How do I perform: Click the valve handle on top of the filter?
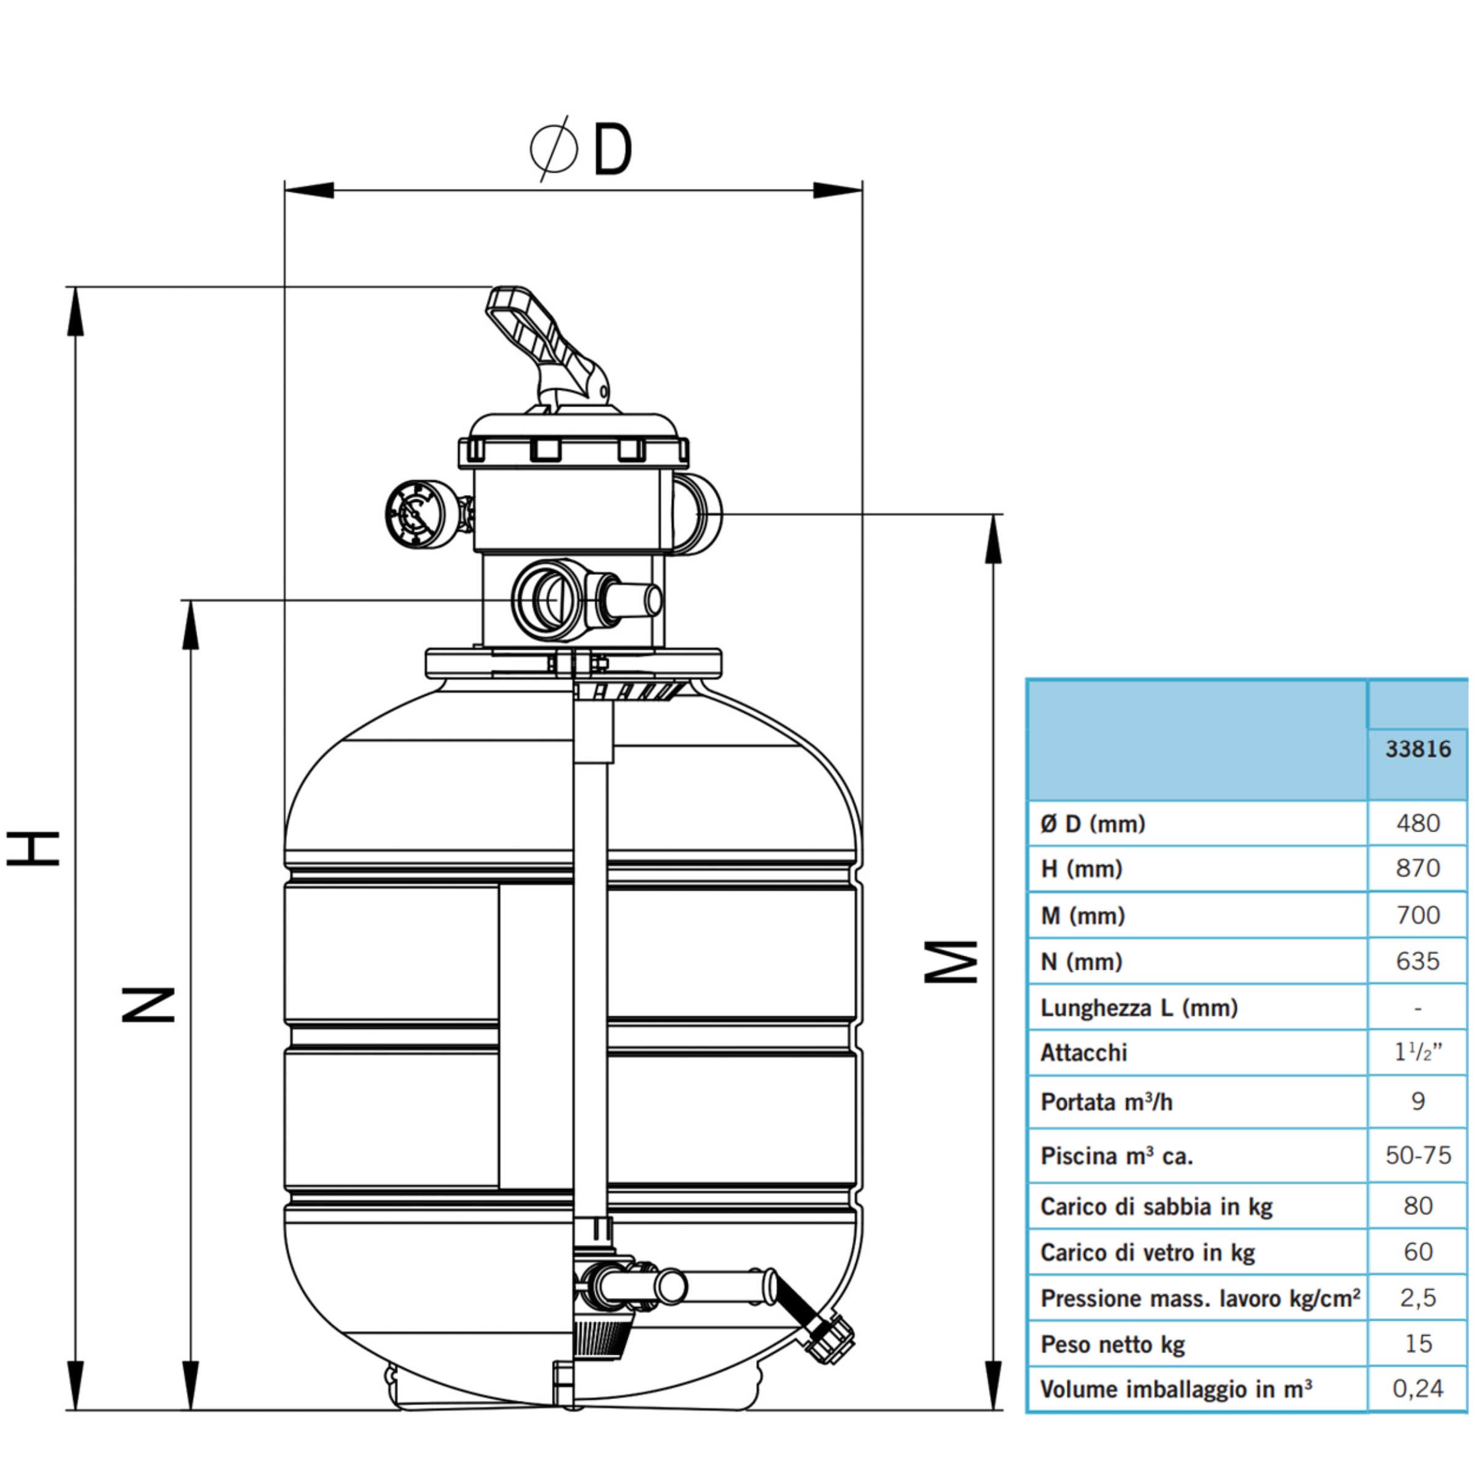point(545,347)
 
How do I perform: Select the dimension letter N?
point(148,1004)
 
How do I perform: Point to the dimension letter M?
point(951,961)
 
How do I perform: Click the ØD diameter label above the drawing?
point(582,149)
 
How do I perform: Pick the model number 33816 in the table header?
point(1417,749)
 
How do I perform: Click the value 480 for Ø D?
point(1417,823)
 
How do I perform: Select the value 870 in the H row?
point(1417,868)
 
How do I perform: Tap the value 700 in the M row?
point(1417,914)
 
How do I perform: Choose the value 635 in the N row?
point(1417,961)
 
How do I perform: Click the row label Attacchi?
point(1083,1053)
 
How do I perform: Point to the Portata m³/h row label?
point(1106,1102)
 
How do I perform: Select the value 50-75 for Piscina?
point(1417,1155)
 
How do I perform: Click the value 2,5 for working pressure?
point(1417,1298)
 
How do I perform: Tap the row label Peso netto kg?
point(1112,1344)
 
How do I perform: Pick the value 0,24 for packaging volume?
point(1417,1389)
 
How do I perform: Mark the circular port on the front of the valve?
point(548,599)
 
